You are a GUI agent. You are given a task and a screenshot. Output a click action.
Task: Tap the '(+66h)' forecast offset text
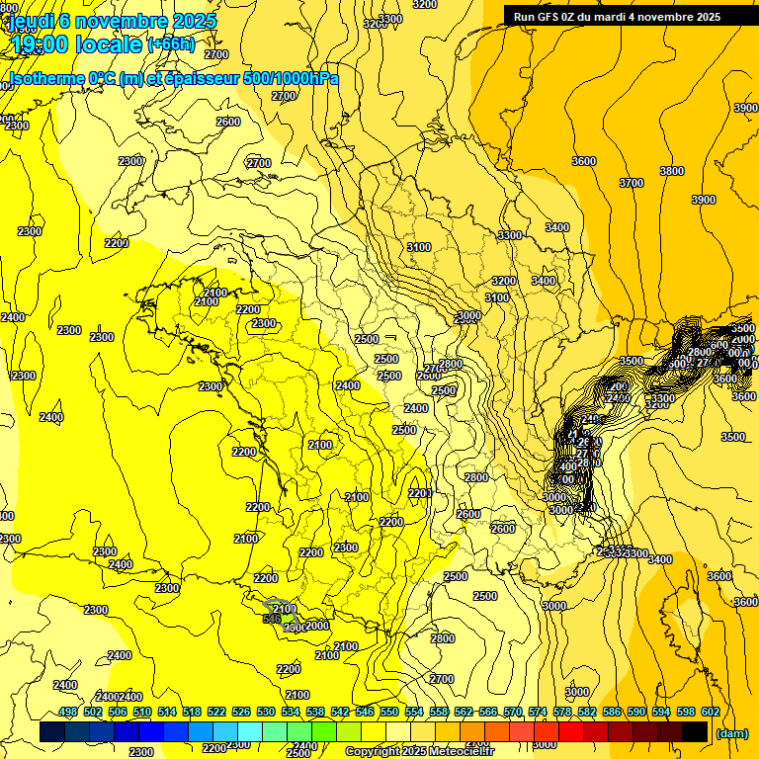click(x=171, y=44)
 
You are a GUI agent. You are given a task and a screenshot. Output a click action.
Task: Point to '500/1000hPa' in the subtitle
click(x=290, y=78)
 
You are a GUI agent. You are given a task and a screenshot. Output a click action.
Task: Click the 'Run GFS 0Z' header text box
click(x=617, y=17)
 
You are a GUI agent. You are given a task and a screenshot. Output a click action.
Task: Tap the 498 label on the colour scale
click(x=68, y=713)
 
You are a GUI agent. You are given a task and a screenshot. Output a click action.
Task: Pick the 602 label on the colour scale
click(x=710, y=713)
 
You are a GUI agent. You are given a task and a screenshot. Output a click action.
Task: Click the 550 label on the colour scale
click(x=388, y=713)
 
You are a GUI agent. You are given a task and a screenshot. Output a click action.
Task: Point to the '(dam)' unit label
click(x=731, y=733)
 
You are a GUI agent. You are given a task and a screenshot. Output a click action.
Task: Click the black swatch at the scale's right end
click(x=695, y=731)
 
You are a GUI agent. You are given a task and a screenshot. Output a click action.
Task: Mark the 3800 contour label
click(x=672, y=171)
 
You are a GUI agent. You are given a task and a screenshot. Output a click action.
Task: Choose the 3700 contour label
click(x=632, y=183)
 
